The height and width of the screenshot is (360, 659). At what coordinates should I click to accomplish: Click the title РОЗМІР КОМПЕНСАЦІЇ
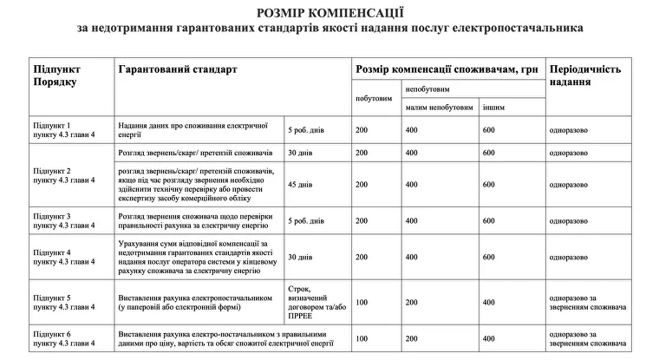coord(329,11)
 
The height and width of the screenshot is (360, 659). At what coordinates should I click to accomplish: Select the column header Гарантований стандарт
coord(176,68)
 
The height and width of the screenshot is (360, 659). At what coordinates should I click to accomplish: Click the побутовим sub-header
coord(374,98)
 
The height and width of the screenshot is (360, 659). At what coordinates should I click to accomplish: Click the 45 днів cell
coord(299,184)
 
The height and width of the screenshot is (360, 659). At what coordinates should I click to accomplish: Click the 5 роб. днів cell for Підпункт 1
coord(306,130)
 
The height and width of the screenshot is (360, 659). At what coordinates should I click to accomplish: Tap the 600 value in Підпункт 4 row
coord(489,257)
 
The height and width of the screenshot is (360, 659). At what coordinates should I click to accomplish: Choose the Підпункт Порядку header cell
coord(57,74)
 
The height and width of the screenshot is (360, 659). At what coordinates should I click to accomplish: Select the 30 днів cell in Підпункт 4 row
coord(299,257)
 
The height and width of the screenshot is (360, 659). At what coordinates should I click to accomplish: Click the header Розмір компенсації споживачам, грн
coord(434,68)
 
